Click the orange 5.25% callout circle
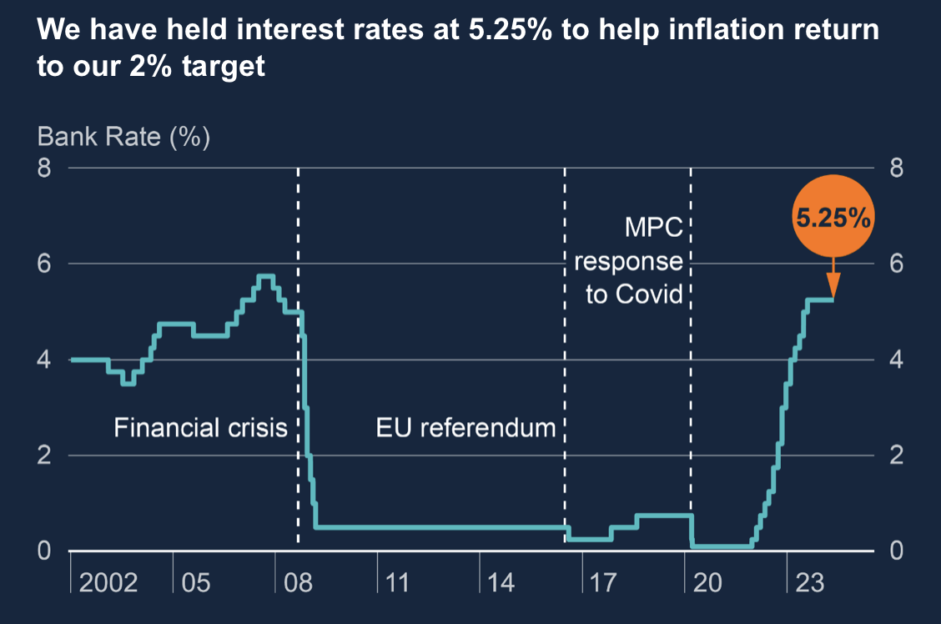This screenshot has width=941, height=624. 833,219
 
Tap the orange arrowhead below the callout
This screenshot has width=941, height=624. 833,285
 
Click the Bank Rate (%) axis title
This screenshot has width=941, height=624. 123,136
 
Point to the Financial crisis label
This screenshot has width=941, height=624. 200,428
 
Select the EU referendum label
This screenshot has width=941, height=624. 465,428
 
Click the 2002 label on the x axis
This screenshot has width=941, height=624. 108,581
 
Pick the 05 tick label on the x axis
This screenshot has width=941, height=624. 195,581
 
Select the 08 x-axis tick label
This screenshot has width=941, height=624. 298,581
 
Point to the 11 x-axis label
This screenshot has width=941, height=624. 398,581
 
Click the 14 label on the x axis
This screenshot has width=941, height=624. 501,581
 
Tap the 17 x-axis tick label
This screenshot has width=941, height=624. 603,581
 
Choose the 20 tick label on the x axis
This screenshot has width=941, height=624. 707,581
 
